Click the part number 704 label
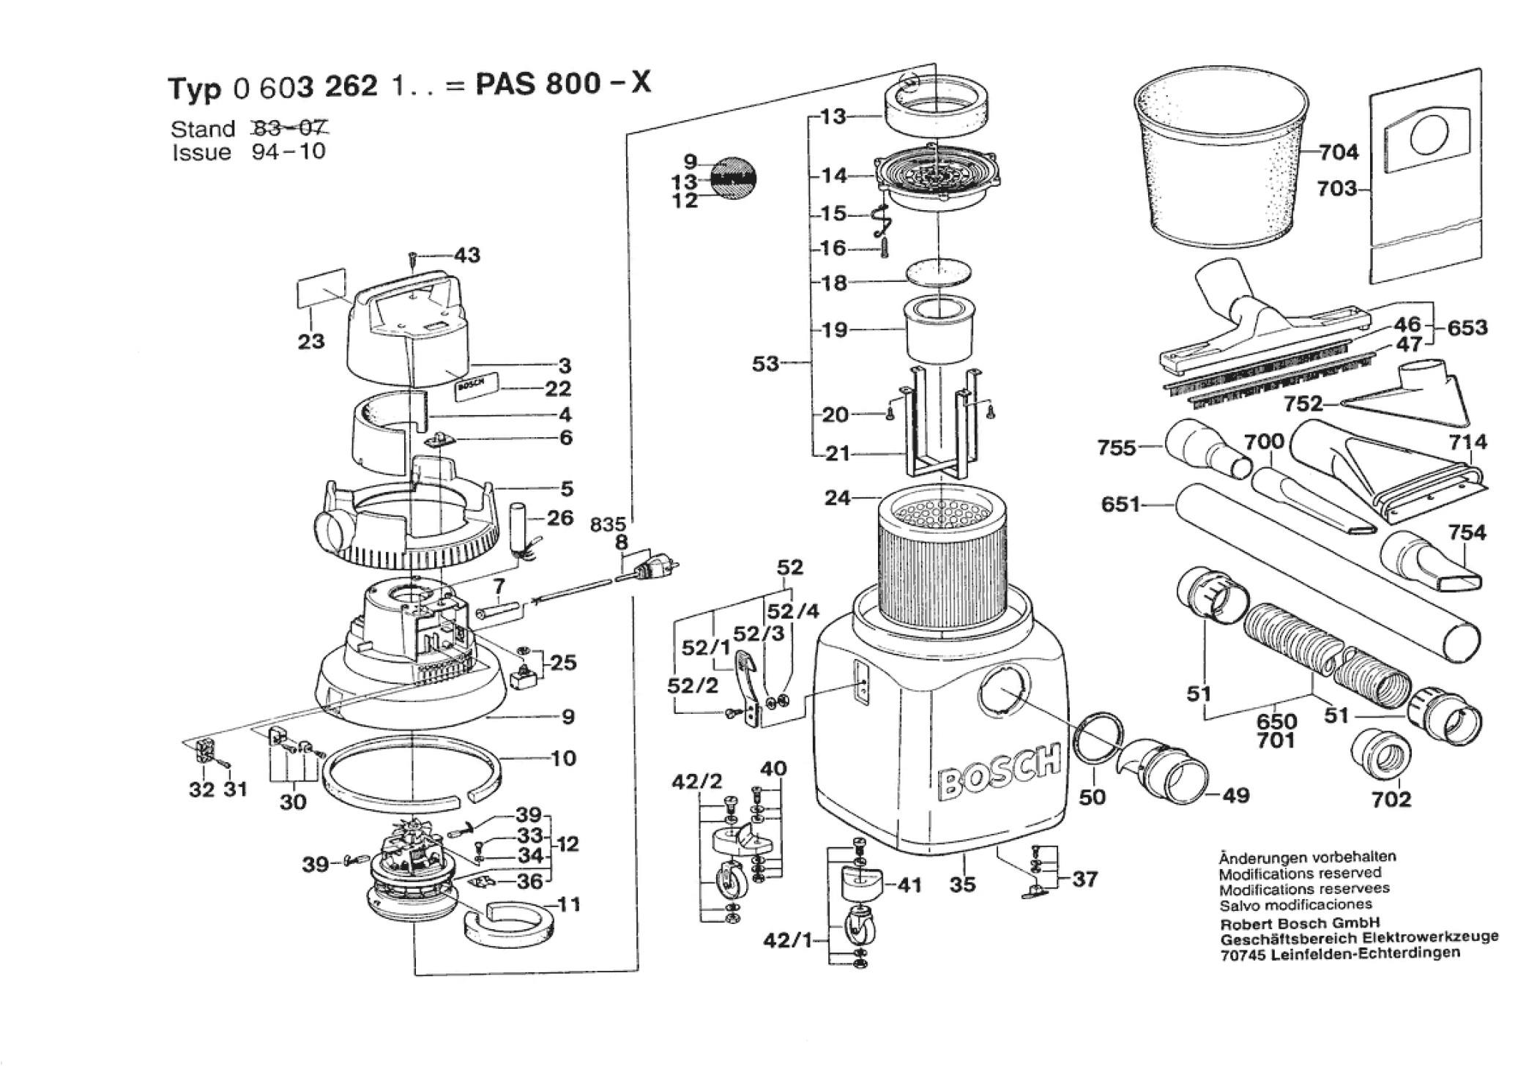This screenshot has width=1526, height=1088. click(1339, 152)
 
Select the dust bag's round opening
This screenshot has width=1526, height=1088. click(1429, 136)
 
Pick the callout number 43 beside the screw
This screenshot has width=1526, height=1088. click(467, 255)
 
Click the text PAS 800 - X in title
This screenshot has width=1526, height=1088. click(562, 84)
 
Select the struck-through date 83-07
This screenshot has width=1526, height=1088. click(289, 129)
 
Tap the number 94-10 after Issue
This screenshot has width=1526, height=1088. click(288, 152)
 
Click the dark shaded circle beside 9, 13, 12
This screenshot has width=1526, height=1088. click(734, 177)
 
